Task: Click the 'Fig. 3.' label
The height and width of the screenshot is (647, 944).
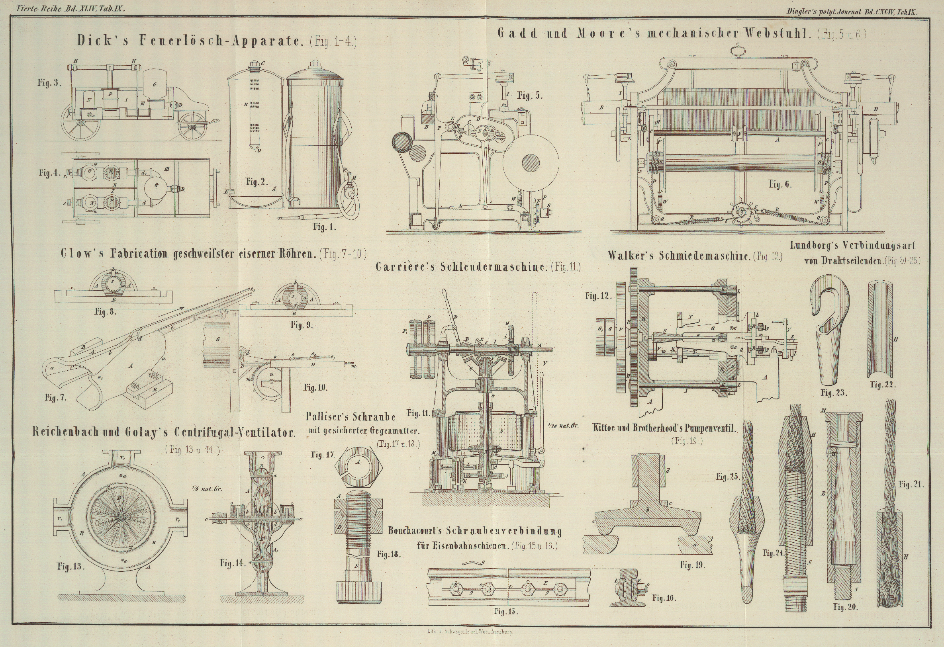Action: click(49, 83)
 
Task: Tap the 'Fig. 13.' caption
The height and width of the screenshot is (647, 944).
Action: click(71, 567)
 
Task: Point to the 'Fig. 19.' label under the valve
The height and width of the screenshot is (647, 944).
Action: click(692, 565)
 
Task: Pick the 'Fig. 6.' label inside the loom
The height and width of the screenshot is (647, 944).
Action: click(780, 184)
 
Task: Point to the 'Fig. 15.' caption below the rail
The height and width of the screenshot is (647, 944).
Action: click(506, 611)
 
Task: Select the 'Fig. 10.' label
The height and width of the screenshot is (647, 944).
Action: click(315, 387)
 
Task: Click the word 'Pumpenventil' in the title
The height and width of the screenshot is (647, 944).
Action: click(710, 428)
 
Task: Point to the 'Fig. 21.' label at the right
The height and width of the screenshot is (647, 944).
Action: click(911, 484)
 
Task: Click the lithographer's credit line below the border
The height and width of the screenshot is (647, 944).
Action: click(472, 632)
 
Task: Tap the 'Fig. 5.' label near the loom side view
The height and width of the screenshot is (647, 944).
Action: click(530, 96)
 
